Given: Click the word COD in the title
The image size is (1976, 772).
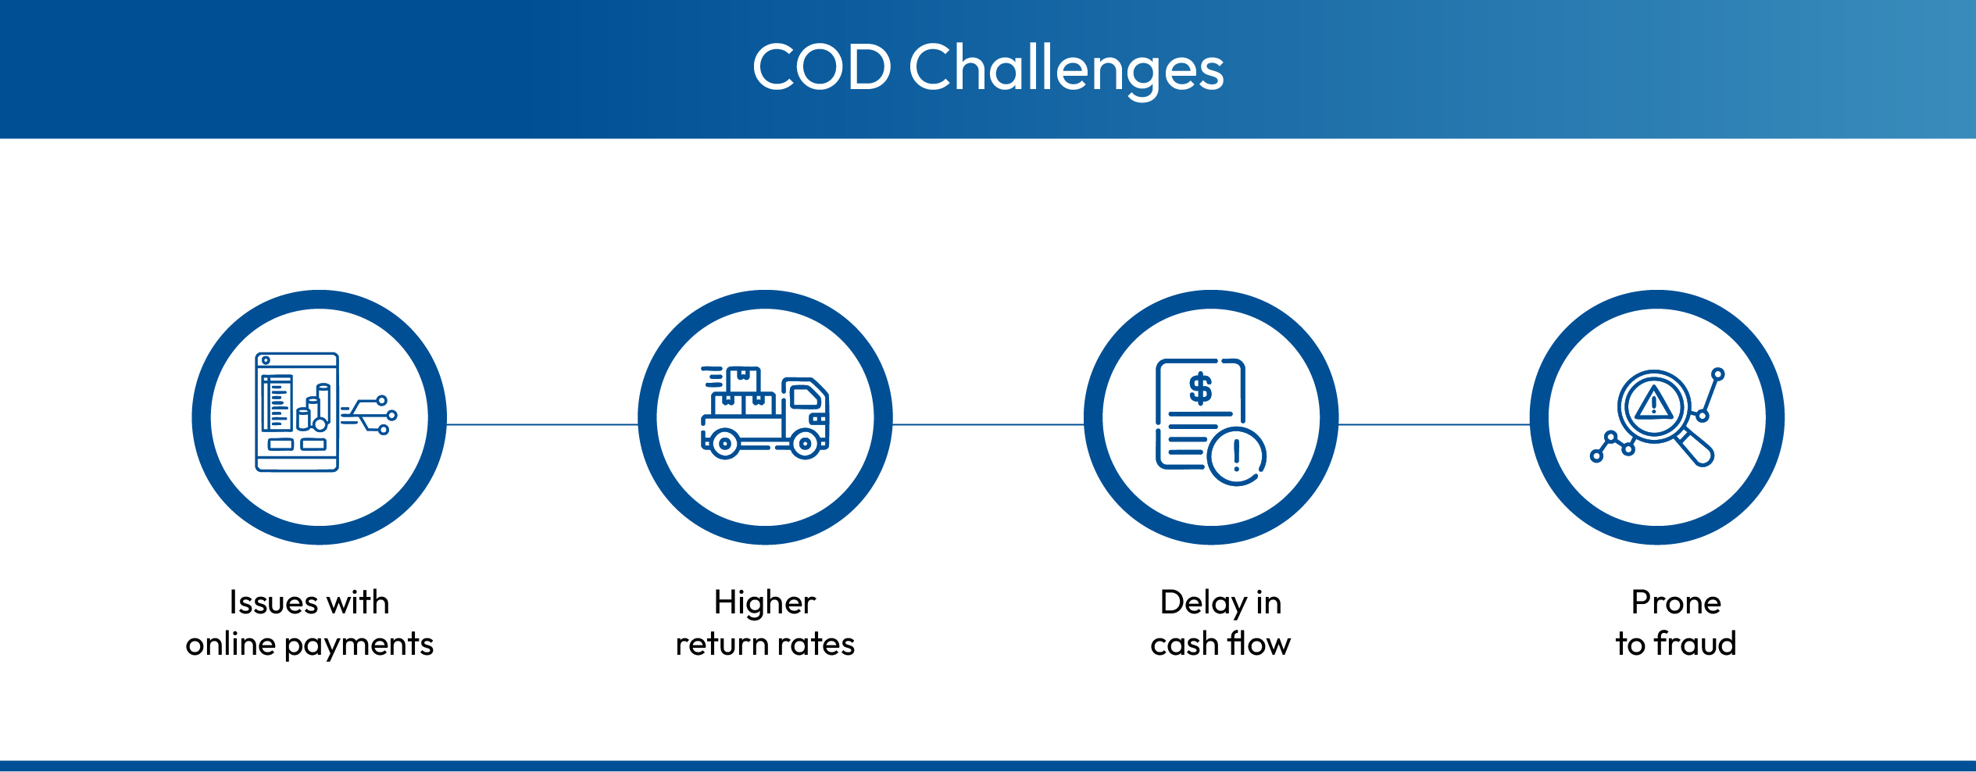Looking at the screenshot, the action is click(821, 66).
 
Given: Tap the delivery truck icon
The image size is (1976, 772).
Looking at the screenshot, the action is click(765, 412).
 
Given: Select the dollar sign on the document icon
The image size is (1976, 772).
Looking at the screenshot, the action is click(1200, 388).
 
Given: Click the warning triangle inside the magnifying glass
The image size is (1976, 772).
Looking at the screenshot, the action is click(1653, 403).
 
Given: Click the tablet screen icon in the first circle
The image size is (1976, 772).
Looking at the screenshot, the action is click(297, 412).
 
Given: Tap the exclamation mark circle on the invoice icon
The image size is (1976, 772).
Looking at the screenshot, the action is click(1236, 456).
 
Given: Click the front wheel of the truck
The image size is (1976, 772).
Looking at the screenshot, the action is click(805, 444).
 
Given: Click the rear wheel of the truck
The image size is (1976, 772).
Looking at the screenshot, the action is click(725, 444).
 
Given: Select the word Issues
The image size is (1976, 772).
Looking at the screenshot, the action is click(273, 602).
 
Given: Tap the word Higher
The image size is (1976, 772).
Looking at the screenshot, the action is click(765, 603).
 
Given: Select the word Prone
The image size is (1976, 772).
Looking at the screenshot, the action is click(1677, 602).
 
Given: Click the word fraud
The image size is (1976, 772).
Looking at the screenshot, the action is click(1695, 643).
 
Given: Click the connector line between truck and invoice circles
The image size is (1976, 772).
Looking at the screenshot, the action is click(988, 424).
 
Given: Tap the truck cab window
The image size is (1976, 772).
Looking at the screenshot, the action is click(806, 398).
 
